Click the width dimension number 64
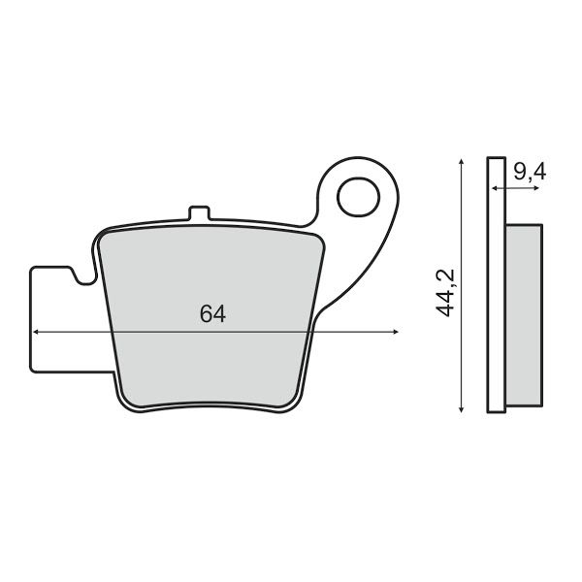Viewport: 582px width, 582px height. (x=212, y=313)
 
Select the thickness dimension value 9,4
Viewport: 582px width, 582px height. (x=530, y=173)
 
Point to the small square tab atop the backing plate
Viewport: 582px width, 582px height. (x=199, y=213)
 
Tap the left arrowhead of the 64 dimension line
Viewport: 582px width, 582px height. (x=36, y=332)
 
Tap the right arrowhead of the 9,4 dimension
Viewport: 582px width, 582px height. (x=538, y=187)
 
